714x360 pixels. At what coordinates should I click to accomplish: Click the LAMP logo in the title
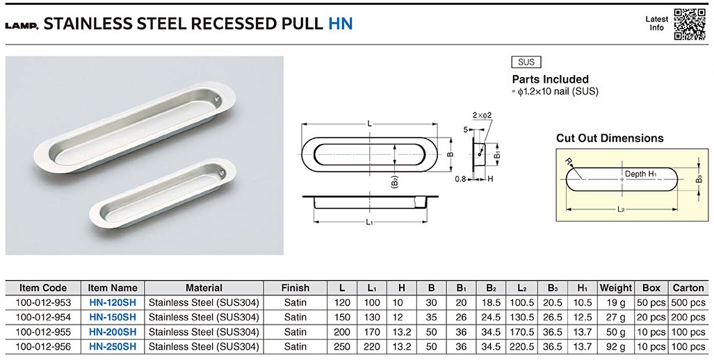pyautogui.click(x=22, y=26)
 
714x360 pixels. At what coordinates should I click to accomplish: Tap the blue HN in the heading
pyautogui.click(x=341, y=24)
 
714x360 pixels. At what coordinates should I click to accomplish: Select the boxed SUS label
pyautogui.click(x=526, y=62)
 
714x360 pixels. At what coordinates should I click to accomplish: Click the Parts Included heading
pyautogui.click(x=550, y=79)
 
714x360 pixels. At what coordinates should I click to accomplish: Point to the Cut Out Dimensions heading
pyautogui.click(x=610, y=138)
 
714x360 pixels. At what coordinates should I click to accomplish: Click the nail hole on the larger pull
pyautogui.click(x=217, y=98)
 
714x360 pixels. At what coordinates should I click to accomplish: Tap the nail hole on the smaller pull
pyautogui.click(x=221, y=174)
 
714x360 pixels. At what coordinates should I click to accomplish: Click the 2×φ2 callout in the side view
pyautogui.click(x=482, y=115)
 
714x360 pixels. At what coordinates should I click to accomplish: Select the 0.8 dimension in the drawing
pyautogui.click(x=460, y=179)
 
